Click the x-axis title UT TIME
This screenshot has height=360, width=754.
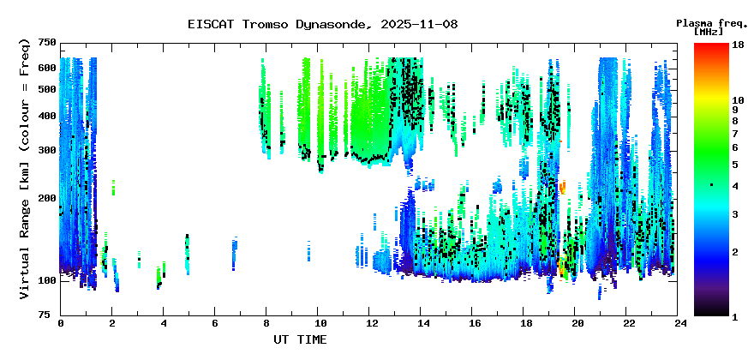click(299, 340)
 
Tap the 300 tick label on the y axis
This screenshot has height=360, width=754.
click(46, 150)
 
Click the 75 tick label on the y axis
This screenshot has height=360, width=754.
click(50, 315)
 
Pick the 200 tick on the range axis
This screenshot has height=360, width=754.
click(46, 198)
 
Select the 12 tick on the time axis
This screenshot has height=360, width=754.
click(371, 323)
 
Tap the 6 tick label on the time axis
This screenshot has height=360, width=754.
click(216, 323)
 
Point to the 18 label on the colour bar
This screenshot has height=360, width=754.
click(737, 45)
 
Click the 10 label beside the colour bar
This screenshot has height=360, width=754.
click(737, 100)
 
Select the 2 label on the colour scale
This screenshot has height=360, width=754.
click(734, 251)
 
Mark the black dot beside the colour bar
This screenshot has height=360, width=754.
click(711, 185)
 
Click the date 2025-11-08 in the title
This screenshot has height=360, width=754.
click(416, 24)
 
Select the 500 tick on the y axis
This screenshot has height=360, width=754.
click(46, 89)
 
